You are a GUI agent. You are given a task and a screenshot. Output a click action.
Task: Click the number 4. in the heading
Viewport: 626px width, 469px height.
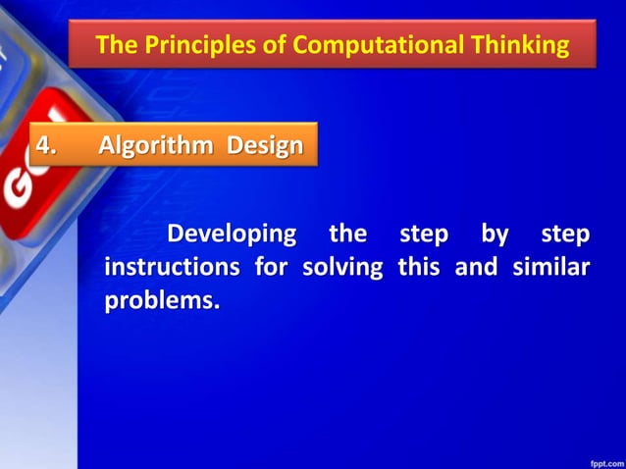(48, 146)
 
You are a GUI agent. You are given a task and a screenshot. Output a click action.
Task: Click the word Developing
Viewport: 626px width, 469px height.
(232, 235)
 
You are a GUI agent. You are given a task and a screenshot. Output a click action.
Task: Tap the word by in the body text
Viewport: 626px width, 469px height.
(495, 235)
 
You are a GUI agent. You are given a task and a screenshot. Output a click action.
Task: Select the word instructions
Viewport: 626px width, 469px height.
(174, 268)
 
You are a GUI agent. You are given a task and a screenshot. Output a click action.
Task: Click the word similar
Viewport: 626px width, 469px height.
(551, 268)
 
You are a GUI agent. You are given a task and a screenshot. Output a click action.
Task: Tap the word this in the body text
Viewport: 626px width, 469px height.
(418, 268)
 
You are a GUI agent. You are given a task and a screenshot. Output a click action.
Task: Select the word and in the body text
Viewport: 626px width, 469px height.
(476, 268)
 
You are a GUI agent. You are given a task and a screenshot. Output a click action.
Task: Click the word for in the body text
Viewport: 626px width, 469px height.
(272, 268)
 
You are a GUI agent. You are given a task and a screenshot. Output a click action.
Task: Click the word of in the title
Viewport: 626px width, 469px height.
(276, 45)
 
